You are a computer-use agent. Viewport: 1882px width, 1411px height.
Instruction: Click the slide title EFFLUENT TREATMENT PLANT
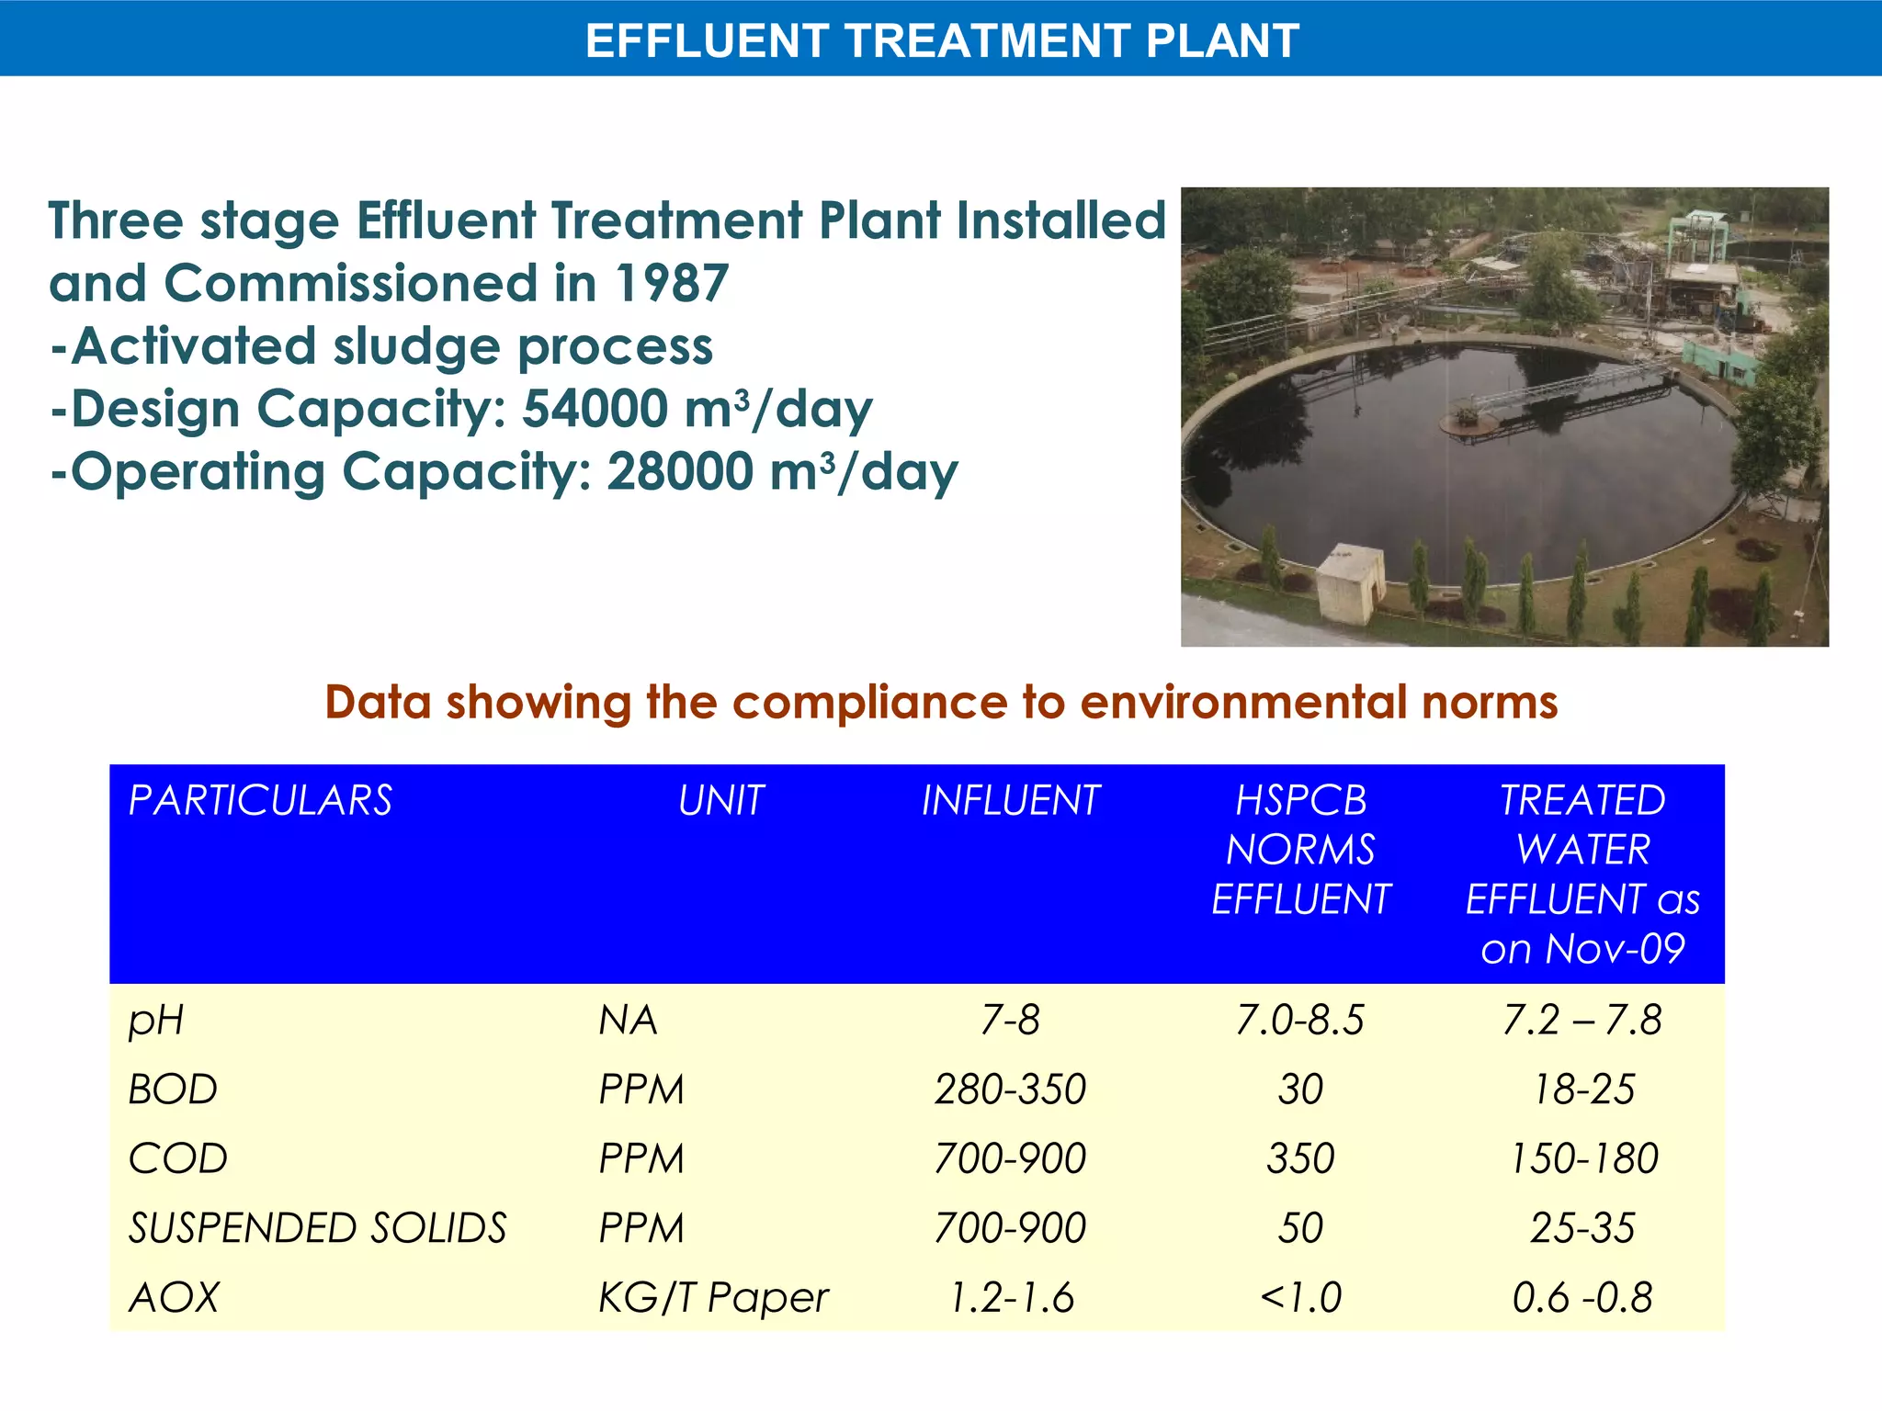pyautogui.click(x=942, y=40)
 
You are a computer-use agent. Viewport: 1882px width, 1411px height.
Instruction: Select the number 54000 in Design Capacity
pyautogui.click(x=595, y=409)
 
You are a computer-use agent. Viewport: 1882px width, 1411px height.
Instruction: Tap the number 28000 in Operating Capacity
pyautogui.click(x=681, y=472)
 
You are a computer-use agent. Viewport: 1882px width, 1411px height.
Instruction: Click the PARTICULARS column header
pyautogui.click(x=260, y=800)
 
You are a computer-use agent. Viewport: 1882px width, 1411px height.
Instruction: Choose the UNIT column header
pyautogui.click(x=721, y=800)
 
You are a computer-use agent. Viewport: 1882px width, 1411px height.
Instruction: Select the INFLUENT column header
pyautogui.click(x=1010, y=800)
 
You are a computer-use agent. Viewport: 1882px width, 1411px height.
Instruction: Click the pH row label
pyautogui.click(x=155, y=1021)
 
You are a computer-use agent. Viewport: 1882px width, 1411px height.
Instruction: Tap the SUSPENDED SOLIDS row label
pyautogui.click(x=317, y=1228)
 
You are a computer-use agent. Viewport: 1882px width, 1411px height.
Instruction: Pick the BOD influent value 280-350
pyautogui.click(x=1010, y=1089)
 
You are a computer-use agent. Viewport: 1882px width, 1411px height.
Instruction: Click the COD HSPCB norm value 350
pyautogui.click(x=1300, y=1158)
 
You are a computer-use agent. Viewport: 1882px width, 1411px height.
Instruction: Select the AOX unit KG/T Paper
pyautogui.click(x=713, y=1298)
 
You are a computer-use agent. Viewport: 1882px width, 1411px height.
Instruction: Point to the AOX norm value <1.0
pyautogui.click(x=1300, y=1298)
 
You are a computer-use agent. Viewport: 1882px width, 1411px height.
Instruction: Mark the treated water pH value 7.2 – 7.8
pyautogui.click(x=1582, y=1021)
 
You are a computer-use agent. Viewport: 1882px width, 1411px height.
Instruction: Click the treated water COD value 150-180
pyautogui.click(x=1583, y=1158)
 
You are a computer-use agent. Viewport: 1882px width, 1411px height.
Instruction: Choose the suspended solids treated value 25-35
pyautogui.click(x=1582, y=1228)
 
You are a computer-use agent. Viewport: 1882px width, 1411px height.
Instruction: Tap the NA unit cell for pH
pyautogui.click(x=628, y=1021)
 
